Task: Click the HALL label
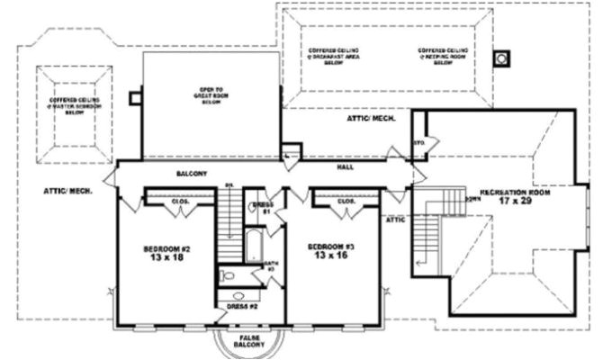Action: click(x=346, y=166)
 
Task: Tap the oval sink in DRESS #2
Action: click(x=238, y=295)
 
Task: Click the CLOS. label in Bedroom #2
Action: click(x=178, y=202)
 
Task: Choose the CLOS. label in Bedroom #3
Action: click(x=346, y=202)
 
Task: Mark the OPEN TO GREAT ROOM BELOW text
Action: click(x=212, y=95)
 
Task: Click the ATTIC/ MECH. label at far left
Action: click(x=64, y=191)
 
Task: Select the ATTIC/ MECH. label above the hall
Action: click(x=367, y=119)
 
